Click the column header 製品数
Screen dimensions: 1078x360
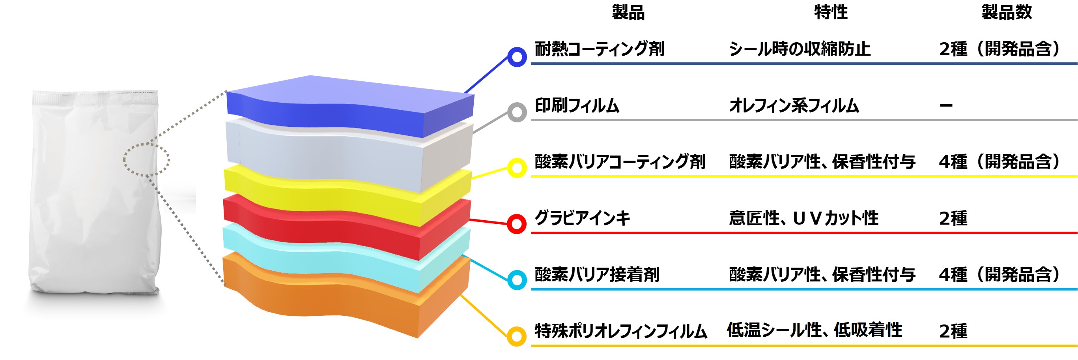(x=1007, y=12)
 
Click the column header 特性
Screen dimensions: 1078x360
(x=831, y=12)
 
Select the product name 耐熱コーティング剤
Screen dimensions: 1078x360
(x=600, y=49)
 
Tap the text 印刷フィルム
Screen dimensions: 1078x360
(x=577, y=105)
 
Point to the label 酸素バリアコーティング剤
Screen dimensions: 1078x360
(x=620, y=161)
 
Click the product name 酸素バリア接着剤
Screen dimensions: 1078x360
(x=597, y=274)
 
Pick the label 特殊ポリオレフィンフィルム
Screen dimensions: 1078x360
(x=621, y=331)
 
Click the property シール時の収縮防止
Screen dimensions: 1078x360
(x=800, y=49)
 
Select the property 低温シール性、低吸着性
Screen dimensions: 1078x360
(x=815, y=330)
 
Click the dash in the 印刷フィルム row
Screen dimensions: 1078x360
(x=946, y=105)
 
